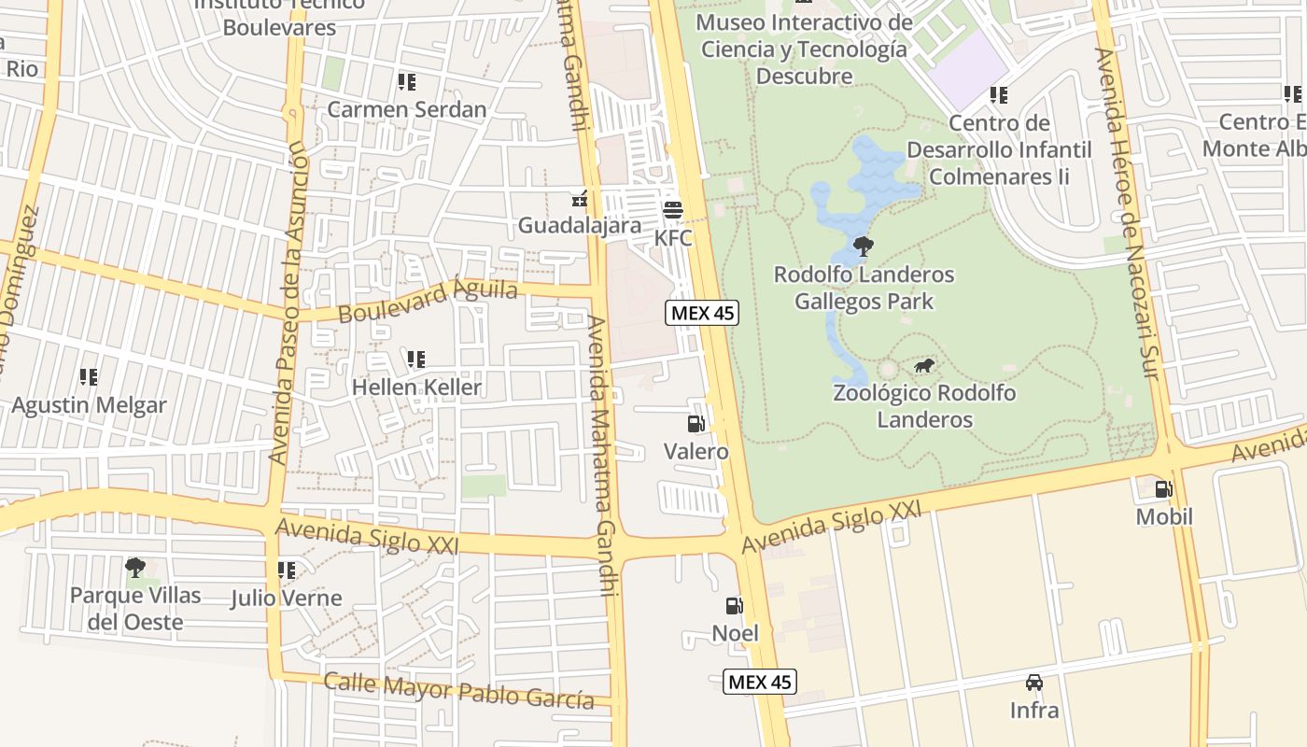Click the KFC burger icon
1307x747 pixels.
(673, 209)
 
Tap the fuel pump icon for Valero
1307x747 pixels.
(696, 424)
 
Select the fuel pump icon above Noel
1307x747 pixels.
(735, 605)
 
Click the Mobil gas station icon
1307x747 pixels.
(1163, 488)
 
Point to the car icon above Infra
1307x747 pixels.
(1034, 683)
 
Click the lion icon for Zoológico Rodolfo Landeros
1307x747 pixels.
(924, 365)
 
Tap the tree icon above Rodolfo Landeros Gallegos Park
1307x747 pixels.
(864, 247)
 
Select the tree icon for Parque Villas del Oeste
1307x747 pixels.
(135, 567)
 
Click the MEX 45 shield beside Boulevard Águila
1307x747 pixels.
(702, 313)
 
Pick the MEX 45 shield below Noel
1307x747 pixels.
(760, 682)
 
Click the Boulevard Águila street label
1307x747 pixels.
(428, 301)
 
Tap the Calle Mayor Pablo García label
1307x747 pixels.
(458, 690)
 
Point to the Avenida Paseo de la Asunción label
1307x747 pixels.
(288, 303)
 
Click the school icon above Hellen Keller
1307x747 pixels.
(416, 359)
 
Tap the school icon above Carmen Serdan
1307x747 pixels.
(406, 82)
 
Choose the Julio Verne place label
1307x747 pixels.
(287, 598)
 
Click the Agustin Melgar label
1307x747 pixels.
(89, 405)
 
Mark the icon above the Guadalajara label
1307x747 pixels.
(580, 198)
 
